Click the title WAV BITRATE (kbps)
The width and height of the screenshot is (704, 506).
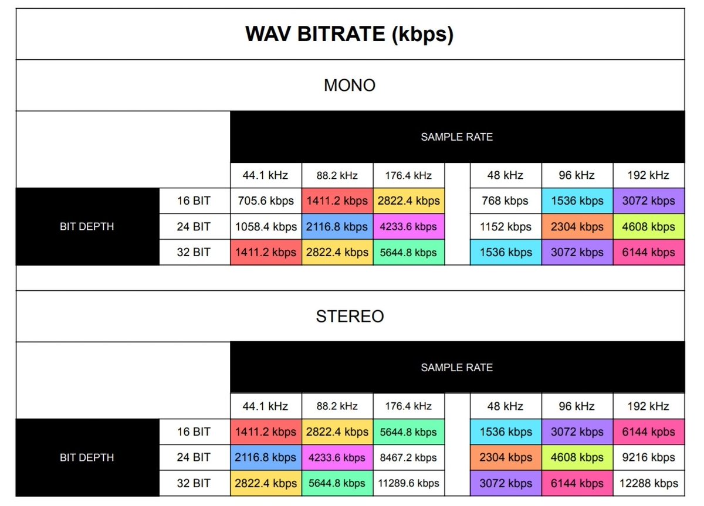point(350,35)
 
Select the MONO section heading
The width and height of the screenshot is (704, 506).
point(350,86)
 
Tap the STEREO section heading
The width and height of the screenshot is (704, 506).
point(350,317)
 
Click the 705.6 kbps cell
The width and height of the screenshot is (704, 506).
point(266,201)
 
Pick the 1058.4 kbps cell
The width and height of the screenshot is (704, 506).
point(266,227)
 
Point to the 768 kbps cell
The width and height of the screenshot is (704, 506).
point(506,201)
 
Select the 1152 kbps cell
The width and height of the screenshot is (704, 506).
point(506,227)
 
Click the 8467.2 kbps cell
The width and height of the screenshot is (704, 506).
point(408,458)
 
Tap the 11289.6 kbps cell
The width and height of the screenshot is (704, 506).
point(408,484)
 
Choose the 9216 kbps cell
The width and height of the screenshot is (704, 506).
point(648,458)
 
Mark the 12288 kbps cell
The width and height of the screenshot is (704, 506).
point(648,484)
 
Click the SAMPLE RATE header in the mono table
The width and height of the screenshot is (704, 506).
point(457,137)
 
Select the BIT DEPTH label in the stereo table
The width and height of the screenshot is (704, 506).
point(87,458)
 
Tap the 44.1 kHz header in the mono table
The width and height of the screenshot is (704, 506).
point(266,175)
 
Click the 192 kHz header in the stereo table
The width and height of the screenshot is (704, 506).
point(648,406)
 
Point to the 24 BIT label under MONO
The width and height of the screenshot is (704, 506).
point(194,227)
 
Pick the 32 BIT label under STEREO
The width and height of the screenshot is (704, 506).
point(194,484)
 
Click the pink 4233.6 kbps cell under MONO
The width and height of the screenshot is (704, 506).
point(408,227)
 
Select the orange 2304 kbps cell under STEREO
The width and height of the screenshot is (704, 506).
point(506,458)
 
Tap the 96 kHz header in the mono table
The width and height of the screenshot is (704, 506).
point(577,175)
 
